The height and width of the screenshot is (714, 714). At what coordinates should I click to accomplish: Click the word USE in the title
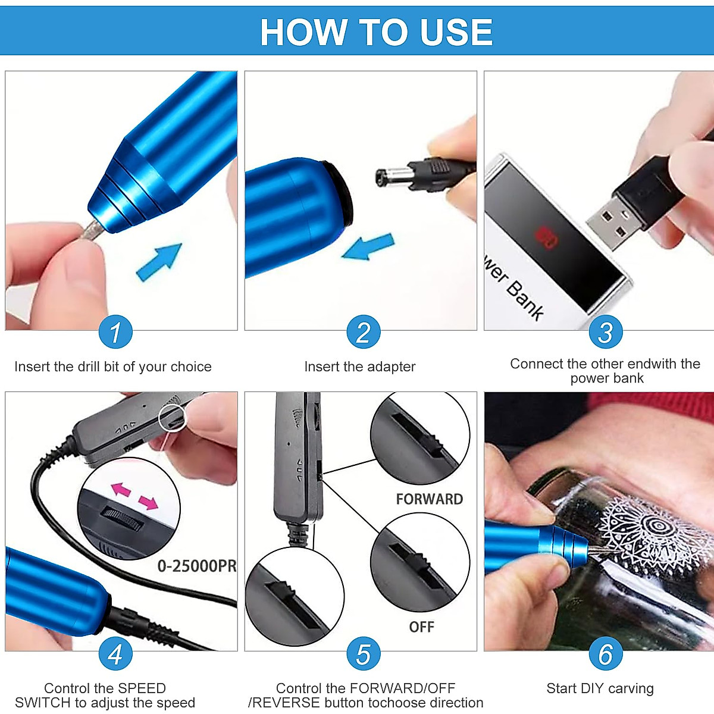click(456, 32)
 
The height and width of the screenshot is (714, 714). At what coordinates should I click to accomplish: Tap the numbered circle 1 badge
click(115, 332)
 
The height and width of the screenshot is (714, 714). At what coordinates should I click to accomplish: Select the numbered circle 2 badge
click(363, 332)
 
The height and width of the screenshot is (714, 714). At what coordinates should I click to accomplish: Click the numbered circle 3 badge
click(605, 332)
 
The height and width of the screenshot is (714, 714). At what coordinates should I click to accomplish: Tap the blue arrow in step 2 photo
click(369, 246)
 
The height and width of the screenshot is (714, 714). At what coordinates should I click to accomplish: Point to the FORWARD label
click(429, 499)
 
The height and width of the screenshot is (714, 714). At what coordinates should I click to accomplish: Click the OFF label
click(421, 627)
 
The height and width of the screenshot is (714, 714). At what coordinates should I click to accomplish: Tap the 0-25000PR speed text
click(196, 566)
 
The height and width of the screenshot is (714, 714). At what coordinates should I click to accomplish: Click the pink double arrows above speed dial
click(135, 496)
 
